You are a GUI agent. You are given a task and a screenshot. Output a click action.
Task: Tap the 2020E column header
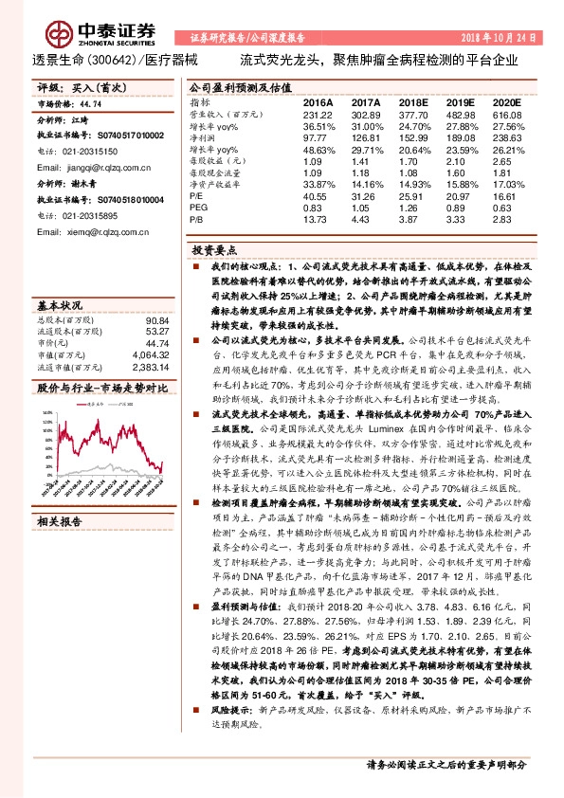click(x=507, y=100)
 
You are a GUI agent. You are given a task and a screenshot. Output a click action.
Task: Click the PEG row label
click(x=198, y=208)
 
